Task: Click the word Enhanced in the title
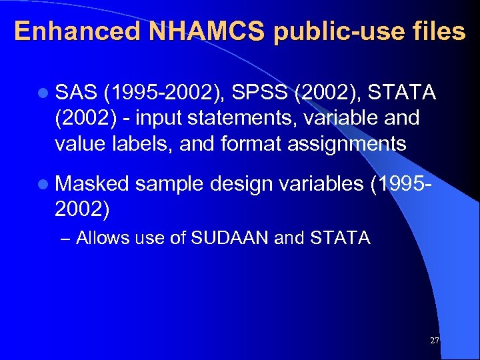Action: tap(77, 31)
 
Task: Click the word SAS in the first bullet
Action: tap(75, 91)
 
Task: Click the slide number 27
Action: tap(435, 341)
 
